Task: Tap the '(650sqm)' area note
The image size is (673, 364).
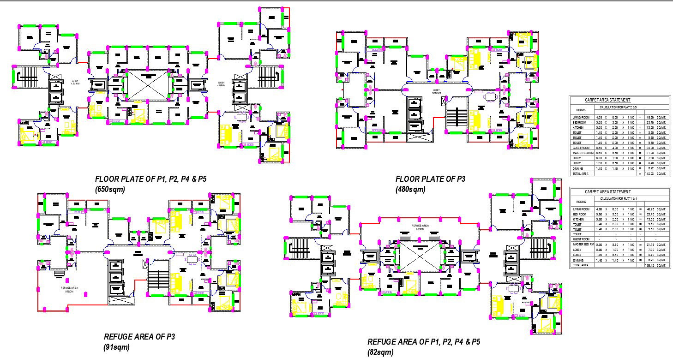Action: pos(110,189)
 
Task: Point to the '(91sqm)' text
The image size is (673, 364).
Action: pos(116,347)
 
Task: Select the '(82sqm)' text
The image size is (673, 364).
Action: pos(380,352)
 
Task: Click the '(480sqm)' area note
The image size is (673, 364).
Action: pos(410,189)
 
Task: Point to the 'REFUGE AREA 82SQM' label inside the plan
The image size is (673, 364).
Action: pos(420,227)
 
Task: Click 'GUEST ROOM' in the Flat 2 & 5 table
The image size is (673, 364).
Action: pos(581,148)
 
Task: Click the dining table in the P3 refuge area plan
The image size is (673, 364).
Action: pos(192,259)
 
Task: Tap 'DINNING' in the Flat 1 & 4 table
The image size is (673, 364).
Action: pos(578,260)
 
